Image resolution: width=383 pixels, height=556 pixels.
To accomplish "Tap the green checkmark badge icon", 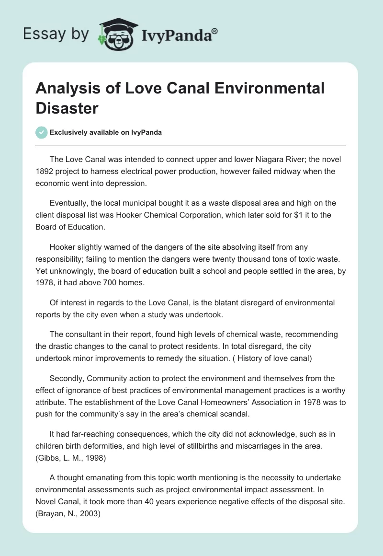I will (42, 132).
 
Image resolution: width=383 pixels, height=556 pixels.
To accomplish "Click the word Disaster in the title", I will (67, 108).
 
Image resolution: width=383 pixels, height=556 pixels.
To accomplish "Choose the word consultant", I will (84, 334).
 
